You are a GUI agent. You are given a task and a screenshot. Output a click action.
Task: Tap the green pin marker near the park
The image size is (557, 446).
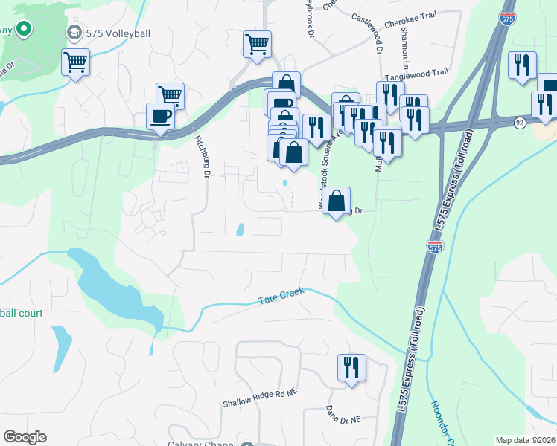click(x=23, y=30)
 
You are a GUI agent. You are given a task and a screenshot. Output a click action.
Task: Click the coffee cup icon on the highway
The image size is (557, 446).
click(x=161, y=116)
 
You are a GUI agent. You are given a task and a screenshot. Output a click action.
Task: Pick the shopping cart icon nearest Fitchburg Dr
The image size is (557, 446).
click(x=171, y=95)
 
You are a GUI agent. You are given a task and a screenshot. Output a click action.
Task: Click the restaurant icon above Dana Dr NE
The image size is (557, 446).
click(x=351, y=367)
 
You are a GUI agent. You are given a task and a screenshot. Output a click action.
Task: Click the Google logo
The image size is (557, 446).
click(x=25, y=437)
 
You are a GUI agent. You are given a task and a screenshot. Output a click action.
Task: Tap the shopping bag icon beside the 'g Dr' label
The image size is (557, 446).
click(x=337, y=200)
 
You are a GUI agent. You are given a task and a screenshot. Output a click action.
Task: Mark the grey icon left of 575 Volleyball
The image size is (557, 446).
click(x=74, y=33)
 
